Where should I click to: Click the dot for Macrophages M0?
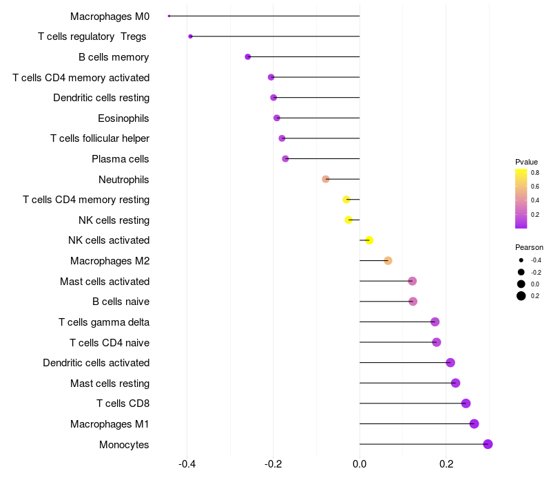[169, 16]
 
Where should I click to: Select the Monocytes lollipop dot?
[488, 444]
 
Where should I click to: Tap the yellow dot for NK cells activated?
[369, 240]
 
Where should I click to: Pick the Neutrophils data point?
[326, 179]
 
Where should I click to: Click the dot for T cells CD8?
[466, 404]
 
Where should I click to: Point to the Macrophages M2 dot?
[388, 261]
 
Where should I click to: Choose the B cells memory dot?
[248, 56]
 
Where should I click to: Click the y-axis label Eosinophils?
[123, 118]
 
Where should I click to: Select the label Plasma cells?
[120, 159]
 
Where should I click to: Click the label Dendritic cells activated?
[96, 363]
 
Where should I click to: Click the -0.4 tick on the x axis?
[187, 464]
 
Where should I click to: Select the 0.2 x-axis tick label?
[446, 464]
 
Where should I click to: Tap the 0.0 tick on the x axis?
[360, 464]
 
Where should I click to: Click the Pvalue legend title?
[526, 162]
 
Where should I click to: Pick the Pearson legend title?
[529, 247]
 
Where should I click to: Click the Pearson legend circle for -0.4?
[521, 260]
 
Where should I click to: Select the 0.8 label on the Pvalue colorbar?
[534, 173]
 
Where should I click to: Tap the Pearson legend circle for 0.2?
[521, 296]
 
